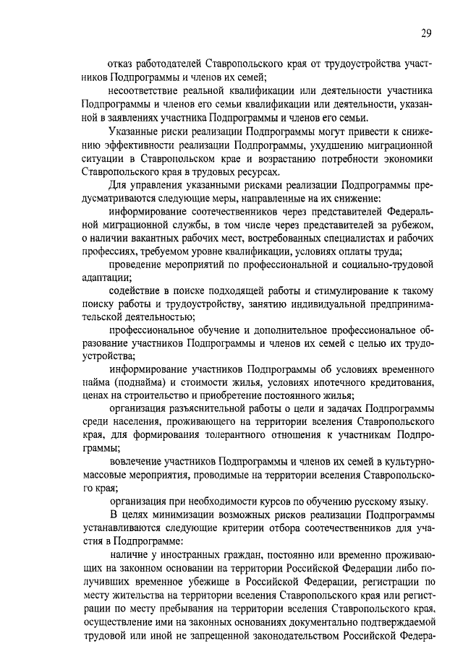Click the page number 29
coord(427,32)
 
